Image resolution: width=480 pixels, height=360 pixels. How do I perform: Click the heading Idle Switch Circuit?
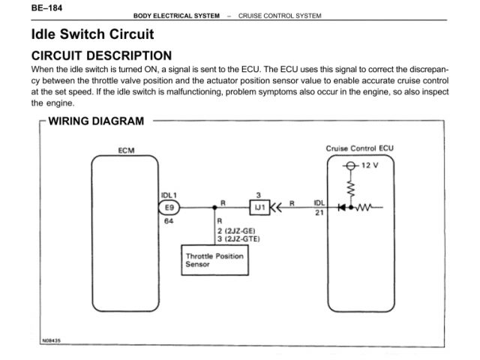[x=92, y=34]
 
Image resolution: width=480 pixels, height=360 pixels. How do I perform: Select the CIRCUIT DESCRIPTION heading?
[x=101, y=55]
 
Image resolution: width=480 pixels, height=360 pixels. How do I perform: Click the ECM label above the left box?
[x=125, y=150]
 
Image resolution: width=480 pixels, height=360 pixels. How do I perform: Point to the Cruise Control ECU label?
[x=360, y=147]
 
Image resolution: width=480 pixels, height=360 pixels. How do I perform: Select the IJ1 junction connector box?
[x=258, y=208]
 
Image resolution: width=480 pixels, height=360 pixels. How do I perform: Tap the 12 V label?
[x=370, y=165]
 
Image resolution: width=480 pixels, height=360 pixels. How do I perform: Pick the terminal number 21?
[x=319, y=214]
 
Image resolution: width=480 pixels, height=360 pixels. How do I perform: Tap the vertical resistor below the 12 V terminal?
[x=350, y=184]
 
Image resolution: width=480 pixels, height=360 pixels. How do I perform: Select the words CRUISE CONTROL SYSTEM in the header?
[x=279, y=16]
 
